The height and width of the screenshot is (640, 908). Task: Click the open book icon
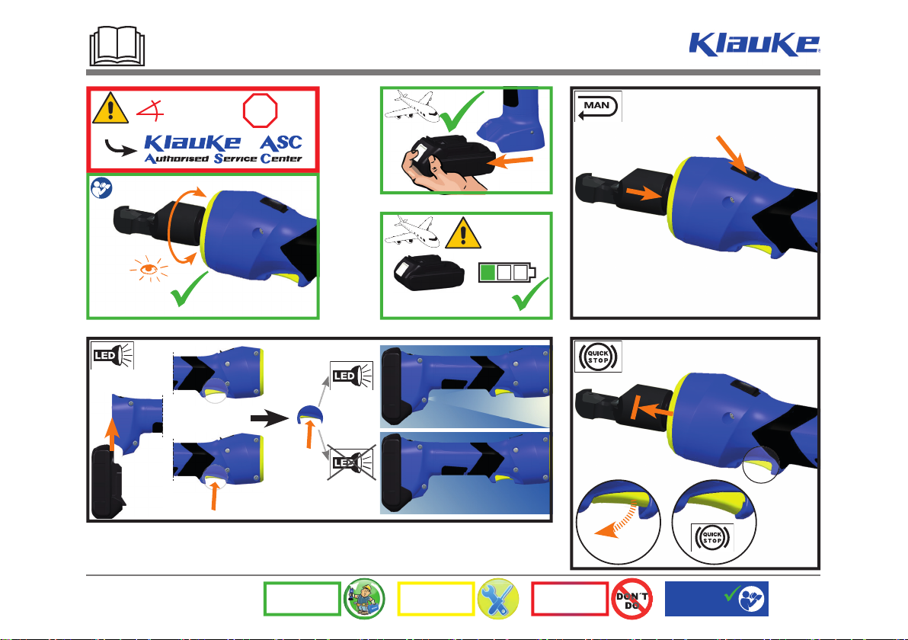tap(117, 46)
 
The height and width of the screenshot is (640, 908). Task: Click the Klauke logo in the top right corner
tap(754, 44)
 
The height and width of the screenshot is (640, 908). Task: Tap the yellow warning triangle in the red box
tap(110, 108)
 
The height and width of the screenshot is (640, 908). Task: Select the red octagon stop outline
tap(260, 110)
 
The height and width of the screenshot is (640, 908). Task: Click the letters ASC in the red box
tap(281, 142)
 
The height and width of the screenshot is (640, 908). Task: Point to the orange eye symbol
tap(149, 269)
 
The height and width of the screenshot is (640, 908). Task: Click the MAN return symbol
tap(598, 107)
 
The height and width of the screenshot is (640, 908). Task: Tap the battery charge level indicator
tap(507, 272)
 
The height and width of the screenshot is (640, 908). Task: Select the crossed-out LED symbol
tap(352, 462)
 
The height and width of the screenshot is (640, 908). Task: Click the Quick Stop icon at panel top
tap(598, 357)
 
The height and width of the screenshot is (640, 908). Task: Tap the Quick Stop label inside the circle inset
tap(712, 538)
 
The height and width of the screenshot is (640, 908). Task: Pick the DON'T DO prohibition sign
tap(631, 599)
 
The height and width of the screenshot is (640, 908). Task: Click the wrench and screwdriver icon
tap(499, 599)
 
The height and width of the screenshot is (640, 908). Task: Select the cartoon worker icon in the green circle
tap(364, 599)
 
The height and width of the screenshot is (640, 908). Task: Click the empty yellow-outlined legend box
tap(436, 599)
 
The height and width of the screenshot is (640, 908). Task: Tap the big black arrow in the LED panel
tap(270, 418)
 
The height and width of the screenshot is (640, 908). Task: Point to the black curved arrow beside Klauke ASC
tap(120, 147)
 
